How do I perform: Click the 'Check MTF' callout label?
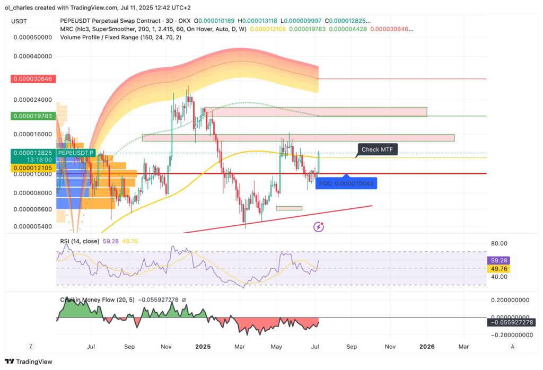377,149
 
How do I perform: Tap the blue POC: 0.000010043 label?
346,183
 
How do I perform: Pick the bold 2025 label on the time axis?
203,347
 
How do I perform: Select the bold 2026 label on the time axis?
427,347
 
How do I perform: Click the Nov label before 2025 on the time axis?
166,347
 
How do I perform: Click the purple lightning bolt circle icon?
319,227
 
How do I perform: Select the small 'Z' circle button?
31,347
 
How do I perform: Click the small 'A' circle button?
512,347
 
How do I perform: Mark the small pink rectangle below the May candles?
289,208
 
